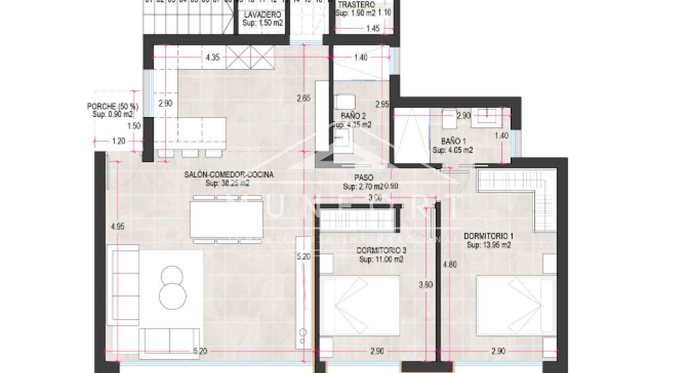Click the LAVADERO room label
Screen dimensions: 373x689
[262, 15]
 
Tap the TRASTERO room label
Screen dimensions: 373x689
[356, 5]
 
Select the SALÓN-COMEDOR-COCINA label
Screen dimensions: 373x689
[229, 174]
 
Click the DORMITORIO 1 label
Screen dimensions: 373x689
[488, 236]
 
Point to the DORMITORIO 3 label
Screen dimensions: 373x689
[381, 250]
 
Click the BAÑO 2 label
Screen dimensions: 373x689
[353, 115]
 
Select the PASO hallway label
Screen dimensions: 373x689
[363, 177]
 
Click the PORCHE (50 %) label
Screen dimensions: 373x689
[112, 106]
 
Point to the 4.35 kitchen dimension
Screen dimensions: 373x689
[212, 58]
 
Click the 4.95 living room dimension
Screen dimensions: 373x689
[117, 227]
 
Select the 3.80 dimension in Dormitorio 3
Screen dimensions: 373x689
[426, 285]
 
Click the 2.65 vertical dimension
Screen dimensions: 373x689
[303, 98]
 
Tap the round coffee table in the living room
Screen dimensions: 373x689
[172, 287]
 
